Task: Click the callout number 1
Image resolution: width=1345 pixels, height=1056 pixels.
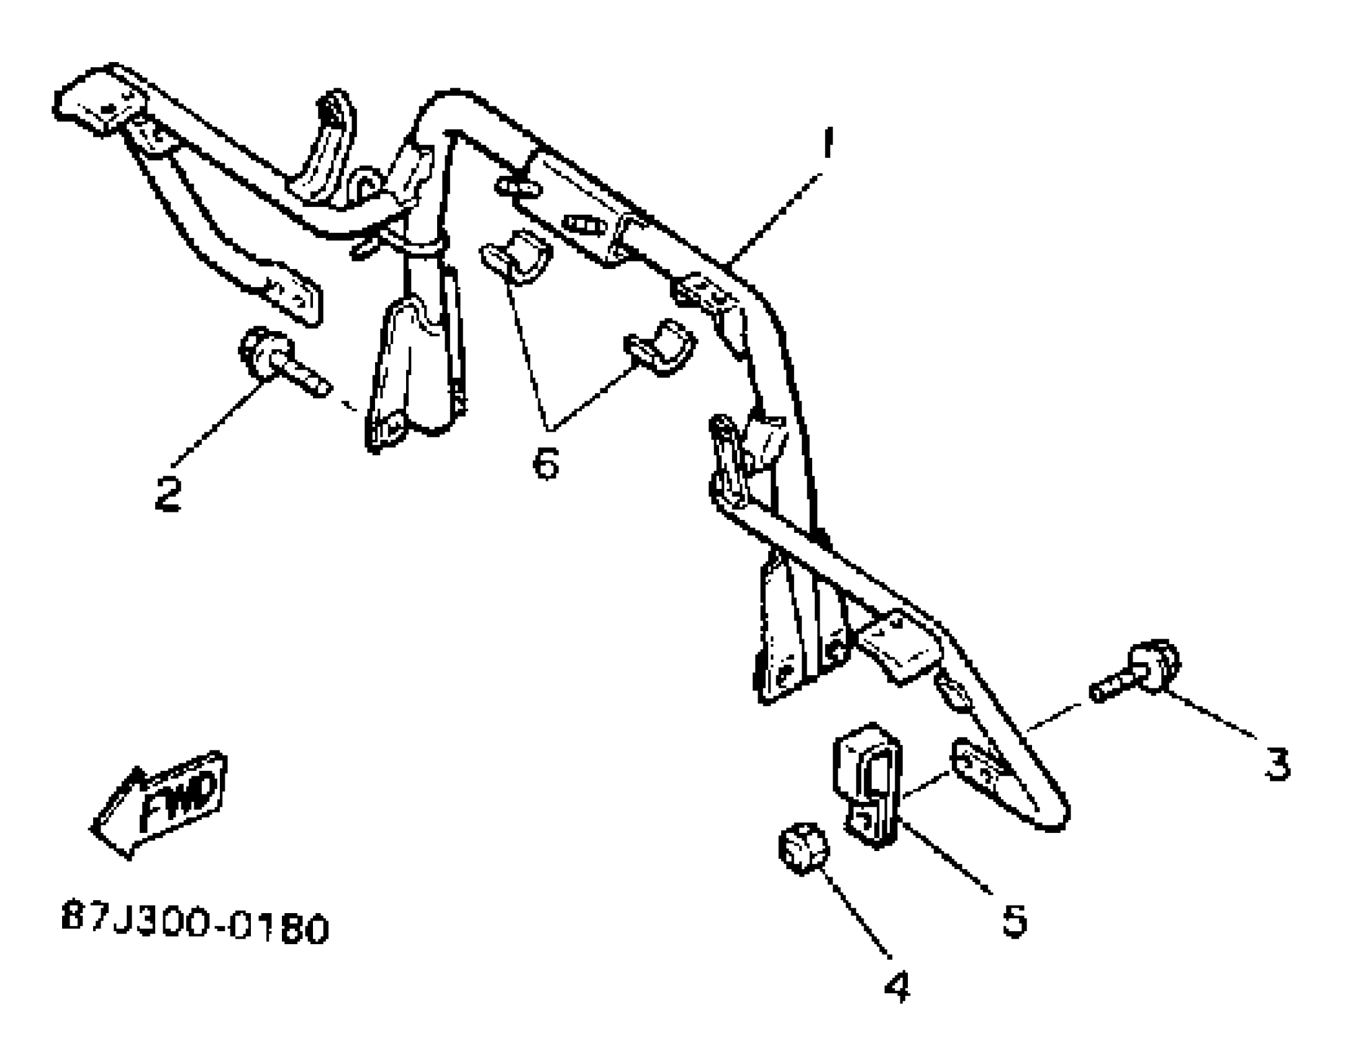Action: (x=826, y=144)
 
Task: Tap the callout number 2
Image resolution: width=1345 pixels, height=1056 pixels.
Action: (x=168, y=494)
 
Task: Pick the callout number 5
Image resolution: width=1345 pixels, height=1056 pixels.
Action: (x=1015, y=921)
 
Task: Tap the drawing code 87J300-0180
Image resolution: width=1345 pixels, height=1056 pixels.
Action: (x=195, y=928)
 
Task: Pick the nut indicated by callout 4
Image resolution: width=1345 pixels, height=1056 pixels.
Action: (x=803, y=847)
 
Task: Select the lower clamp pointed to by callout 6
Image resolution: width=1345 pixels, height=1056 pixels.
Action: (x=662, y=347)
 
